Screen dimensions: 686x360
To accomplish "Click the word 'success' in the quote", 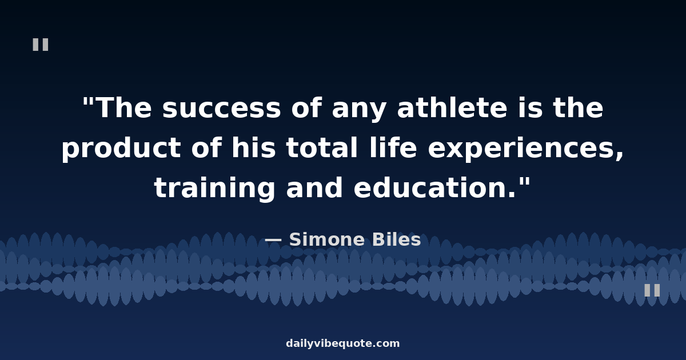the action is pos(221,109).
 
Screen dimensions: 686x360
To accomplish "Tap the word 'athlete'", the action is pos(452,107).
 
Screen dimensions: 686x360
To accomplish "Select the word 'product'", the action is pos(121,149).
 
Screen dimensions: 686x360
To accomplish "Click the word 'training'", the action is pos(214,188).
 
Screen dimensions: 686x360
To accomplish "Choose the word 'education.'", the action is pos(435,187).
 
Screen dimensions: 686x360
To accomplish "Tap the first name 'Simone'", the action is pos(327,239).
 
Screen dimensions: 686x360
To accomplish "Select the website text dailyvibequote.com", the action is pos(342,343).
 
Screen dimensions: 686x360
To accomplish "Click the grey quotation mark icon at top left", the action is pos(41,45).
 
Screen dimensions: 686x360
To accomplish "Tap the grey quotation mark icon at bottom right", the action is pos(652,290).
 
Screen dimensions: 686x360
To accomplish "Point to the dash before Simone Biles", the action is pos(273,240).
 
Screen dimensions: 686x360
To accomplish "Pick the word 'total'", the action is pos(321,147).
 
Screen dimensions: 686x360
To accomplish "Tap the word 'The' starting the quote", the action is pos(125,107).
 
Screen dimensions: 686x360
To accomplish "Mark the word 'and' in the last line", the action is pos(314,187).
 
